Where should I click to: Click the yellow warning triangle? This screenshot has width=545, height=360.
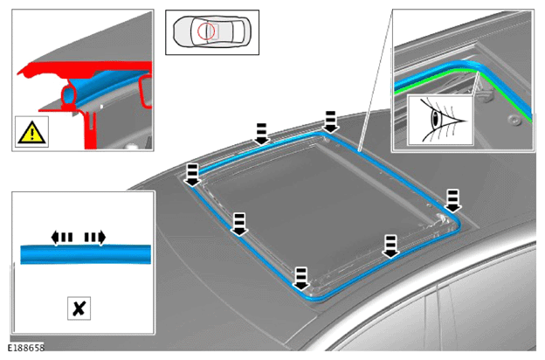point(31,133)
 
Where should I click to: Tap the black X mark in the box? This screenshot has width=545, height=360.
point(79,308)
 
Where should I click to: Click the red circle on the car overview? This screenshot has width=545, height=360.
point(206,31)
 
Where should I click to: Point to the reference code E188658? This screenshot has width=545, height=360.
point(25,348)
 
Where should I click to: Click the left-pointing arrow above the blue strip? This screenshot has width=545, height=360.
point(61,238)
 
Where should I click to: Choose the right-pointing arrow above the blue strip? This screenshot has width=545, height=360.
point(95,238)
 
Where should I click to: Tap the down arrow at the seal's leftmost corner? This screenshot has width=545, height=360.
point(192,175)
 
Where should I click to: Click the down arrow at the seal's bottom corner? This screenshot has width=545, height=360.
point(301,278)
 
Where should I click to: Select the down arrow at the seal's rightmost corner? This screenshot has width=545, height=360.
point(453,201)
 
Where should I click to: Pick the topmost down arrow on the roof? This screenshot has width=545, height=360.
point(330,121)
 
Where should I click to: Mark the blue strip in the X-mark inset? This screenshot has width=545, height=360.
point(86,254)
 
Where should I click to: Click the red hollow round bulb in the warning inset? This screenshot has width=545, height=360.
point(70,95)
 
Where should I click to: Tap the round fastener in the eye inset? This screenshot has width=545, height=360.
point(513,120)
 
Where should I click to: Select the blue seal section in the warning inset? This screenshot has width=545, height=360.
point(107,87)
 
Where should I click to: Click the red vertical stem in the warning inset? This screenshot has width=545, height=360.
point(90,128)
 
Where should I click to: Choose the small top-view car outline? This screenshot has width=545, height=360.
point(212,32)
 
